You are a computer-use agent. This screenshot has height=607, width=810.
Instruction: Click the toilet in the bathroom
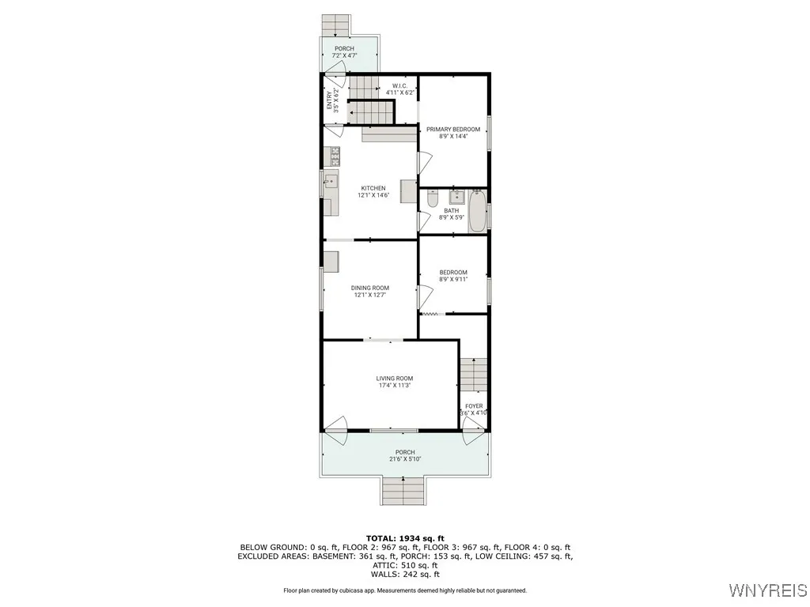pos(432,199)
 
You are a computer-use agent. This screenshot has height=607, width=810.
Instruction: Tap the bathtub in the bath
pos(477,211)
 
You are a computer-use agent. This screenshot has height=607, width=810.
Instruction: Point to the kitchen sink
pos(330,183)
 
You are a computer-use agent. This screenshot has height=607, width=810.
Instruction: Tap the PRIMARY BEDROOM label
pos(453,129)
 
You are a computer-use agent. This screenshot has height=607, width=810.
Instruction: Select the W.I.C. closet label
pos(400,86)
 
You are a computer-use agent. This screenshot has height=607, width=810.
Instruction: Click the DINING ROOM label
pos(370,288)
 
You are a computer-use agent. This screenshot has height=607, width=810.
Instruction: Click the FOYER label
pos(474,406)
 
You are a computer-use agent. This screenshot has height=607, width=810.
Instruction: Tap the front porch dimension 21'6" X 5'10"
pos(405,459)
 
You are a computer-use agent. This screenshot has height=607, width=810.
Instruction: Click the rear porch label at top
pos(344,48)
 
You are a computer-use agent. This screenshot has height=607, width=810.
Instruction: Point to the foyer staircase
pos(473,373)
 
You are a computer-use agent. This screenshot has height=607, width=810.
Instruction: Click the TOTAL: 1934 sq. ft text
pos(404,537)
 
